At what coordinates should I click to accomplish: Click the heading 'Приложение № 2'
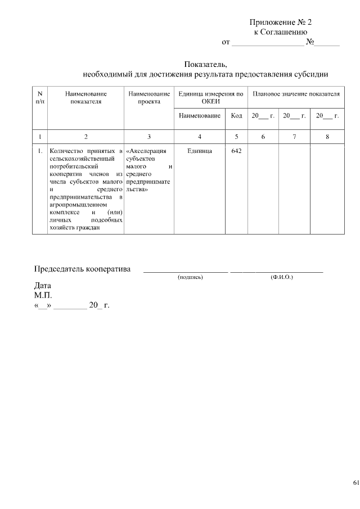point(280,22)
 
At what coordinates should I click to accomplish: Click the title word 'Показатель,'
point(205,64)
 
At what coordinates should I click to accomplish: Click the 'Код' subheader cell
point(236,116)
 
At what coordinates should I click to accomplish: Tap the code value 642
point(236,151)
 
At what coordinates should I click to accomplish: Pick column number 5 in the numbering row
point(236,137)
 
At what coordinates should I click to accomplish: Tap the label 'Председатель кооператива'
point(82,268)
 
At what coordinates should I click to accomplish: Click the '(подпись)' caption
point(190,277)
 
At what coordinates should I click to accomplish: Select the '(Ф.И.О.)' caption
point(281,277)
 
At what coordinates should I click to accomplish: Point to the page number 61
point(355,483)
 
